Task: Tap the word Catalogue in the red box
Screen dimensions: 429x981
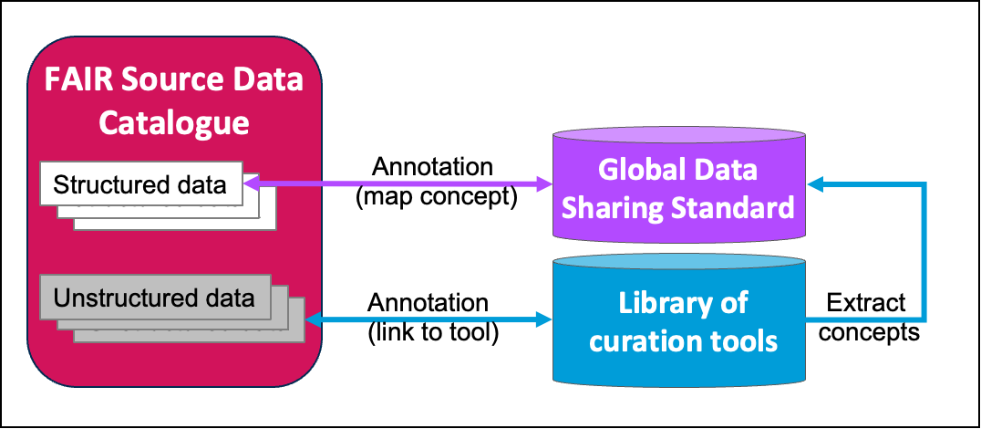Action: [174, 121]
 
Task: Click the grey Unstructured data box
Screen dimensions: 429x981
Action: [154, 298]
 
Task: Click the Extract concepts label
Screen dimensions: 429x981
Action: [865, 317]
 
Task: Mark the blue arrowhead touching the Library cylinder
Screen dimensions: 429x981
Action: [546, 319]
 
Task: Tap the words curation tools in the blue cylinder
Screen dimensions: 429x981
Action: [683, 340]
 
